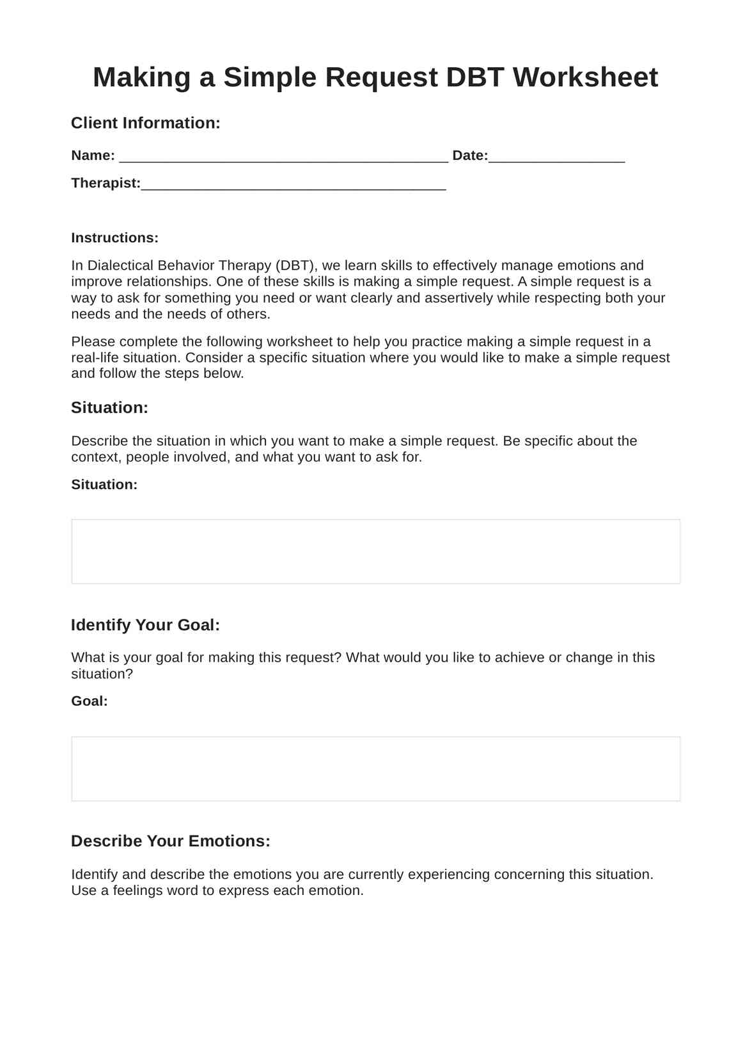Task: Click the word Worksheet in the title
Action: coord(585,77)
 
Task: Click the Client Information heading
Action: coord(145,123)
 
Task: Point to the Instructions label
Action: coord(114,238)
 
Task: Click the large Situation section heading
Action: coord(109,408)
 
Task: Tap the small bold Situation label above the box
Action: coord(104,485)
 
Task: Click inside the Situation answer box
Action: coord(375,551)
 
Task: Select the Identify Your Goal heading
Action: coord(145,625)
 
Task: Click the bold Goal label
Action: coord(90,701)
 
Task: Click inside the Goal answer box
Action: coord(375,768)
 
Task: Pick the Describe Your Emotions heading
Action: coord(170,841)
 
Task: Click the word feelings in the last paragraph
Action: coord(137,890)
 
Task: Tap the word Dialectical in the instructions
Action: coord(120,265)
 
